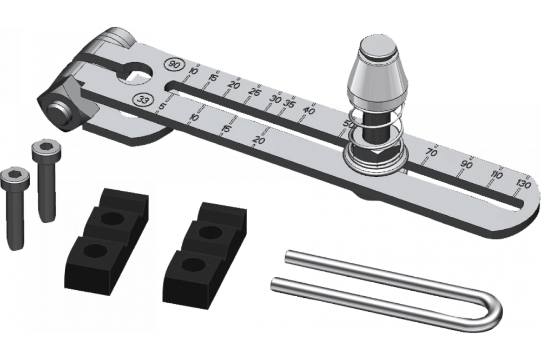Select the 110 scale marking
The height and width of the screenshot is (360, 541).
(x=496, y=175)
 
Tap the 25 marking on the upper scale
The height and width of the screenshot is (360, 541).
(x=256, y=92)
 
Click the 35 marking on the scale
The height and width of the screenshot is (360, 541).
(x=288, y=103)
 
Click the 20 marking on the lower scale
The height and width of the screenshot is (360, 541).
(x=259, y=140)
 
